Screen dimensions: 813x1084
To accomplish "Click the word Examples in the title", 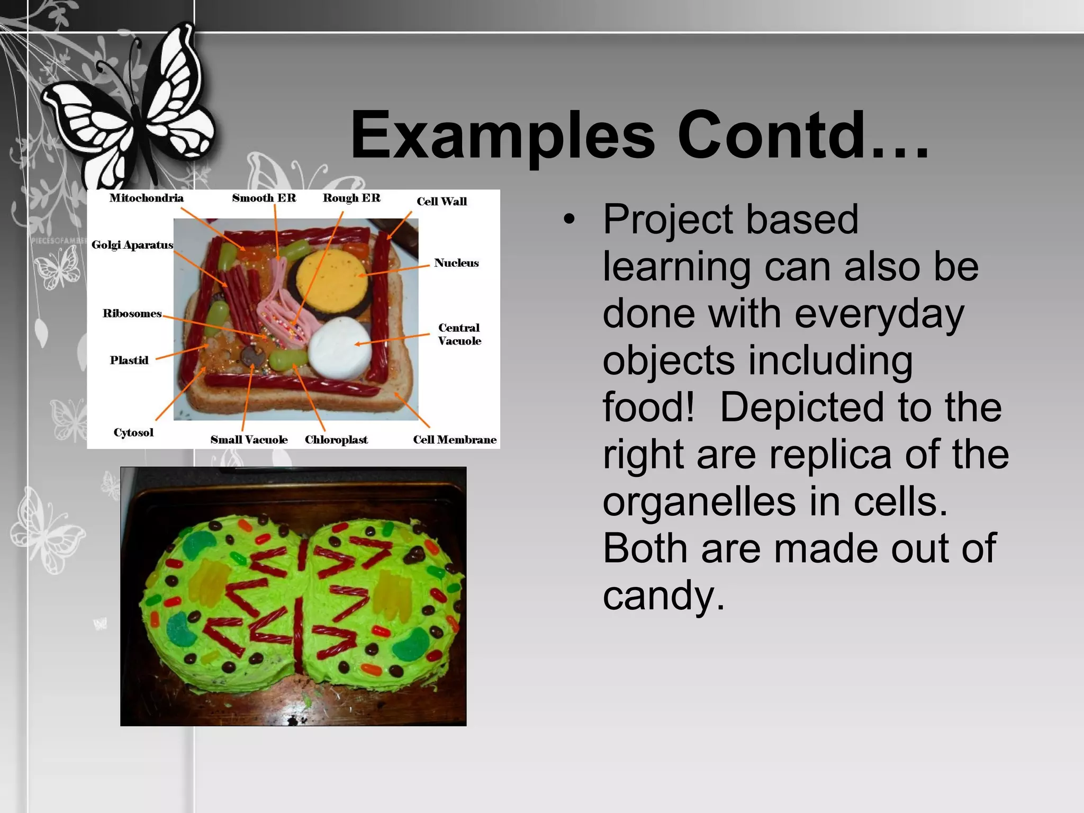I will point(502,136).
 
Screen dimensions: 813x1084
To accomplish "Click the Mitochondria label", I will point(146,198).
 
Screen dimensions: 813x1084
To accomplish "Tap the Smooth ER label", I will point(264,198).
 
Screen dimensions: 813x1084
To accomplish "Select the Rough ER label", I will point(351,198).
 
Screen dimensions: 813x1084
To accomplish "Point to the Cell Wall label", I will point(441,201).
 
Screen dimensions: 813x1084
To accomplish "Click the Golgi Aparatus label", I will point(132,245).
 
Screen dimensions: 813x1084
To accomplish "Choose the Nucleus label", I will point(456,263).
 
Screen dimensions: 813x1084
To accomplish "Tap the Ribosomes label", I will point(132,313).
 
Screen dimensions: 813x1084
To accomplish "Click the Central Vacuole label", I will point(459,334).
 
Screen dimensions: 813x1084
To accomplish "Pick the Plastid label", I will point(129,360).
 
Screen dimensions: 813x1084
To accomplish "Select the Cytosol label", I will point(133,432).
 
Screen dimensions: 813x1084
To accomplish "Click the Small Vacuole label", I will point(249,440).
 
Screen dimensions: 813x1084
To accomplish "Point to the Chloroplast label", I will point(336,440).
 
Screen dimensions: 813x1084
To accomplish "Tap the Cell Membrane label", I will point(455,440).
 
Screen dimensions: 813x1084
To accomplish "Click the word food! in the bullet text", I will point(648,407).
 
